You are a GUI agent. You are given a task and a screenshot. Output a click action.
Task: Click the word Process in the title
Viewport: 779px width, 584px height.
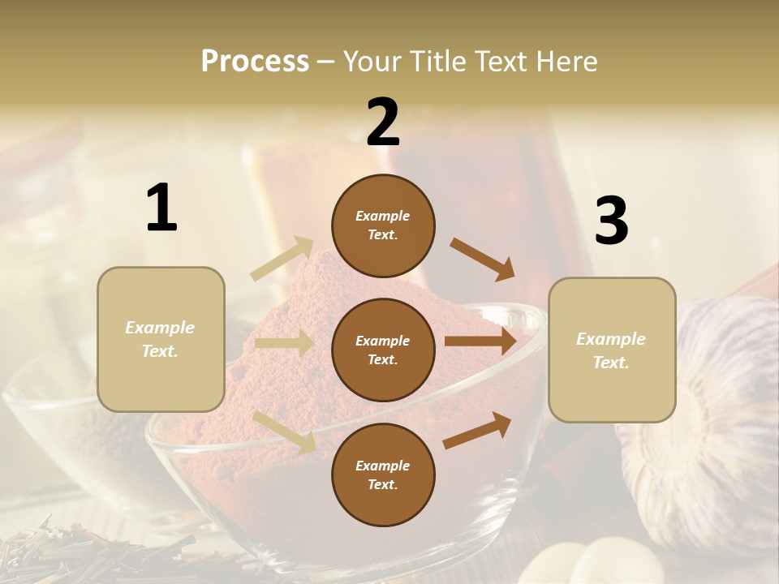(255, 62)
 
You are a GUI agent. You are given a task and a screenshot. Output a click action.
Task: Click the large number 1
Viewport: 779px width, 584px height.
(161, 208)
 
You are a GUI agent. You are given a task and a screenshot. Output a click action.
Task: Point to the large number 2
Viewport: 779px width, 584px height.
(383, 122)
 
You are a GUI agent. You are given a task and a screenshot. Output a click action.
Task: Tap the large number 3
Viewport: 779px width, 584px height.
(611, 221)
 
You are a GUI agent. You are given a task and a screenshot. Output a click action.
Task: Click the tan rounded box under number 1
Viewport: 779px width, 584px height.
(161, 339)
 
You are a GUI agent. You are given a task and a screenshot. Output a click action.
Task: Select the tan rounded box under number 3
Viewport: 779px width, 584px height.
(612, 350)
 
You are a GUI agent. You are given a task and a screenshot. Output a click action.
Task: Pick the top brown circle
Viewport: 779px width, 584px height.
(383, 225)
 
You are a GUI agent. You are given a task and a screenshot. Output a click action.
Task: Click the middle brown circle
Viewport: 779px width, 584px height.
(383, 350)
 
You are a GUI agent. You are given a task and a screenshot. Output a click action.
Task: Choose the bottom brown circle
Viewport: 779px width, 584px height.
(383, 475)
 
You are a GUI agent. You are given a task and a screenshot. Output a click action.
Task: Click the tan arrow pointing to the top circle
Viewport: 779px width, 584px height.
(282, 258)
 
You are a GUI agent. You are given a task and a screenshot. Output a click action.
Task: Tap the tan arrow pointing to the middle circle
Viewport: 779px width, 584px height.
(284, 343)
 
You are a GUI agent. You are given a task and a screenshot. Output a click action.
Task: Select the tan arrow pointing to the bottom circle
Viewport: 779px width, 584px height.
(285, 432)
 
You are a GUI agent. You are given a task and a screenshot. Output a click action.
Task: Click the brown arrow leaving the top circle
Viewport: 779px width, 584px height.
(482, 259)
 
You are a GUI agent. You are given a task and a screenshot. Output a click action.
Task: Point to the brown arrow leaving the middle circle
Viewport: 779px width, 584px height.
(480, 341)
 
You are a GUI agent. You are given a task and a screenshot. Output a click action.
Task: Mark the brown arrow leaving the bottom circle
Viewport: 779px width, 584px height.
(477, 430)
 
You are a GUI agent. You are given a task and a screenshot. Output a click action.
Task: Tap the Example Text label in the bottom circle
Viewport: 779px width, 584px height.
(383, 475)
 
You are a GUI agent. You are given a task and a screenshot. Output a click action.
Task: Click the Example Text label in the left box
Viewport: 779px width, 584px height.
(161, 339)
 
